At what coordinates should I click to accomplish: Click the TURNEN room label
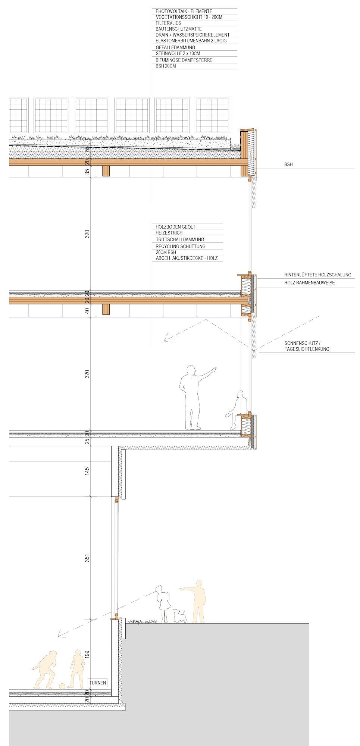coord(98,683)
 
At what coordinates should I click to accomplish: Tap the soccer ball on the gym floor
coord(62,686)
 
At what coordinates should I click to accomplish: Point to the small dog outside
coord(179,616)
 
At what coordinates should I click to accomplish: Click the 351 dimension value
coord(87,558)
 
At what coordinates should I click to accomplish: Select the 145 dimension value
coord(87,471)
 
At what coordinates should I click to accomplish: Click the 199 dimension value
coord(87,654)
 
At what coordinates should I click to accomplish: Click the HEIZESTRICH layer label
coord(169,233)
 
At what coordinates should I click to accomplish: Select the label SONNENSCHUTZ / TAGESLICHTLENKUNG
coord(307,346)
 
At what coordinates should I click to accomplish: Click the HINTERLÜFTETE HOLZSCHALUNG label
coord(318,275)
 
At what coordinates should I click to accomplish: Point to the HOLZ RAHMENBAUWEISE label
coord(310,283)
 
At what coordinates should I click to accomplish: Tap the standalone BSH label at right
coord(288,164)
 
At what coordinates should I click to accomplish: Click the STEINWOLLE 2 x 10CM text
coord(178,53)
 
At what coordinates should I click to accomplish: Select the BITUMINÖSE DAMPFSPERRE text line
coord(184,60)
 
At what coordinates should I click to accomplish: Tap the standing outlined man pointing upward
coord(195,397)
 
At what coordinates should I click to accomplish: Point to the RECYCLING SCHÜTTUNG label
coord(181,246)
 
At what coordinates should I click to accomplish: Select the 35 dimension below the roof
coord(87,172)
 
